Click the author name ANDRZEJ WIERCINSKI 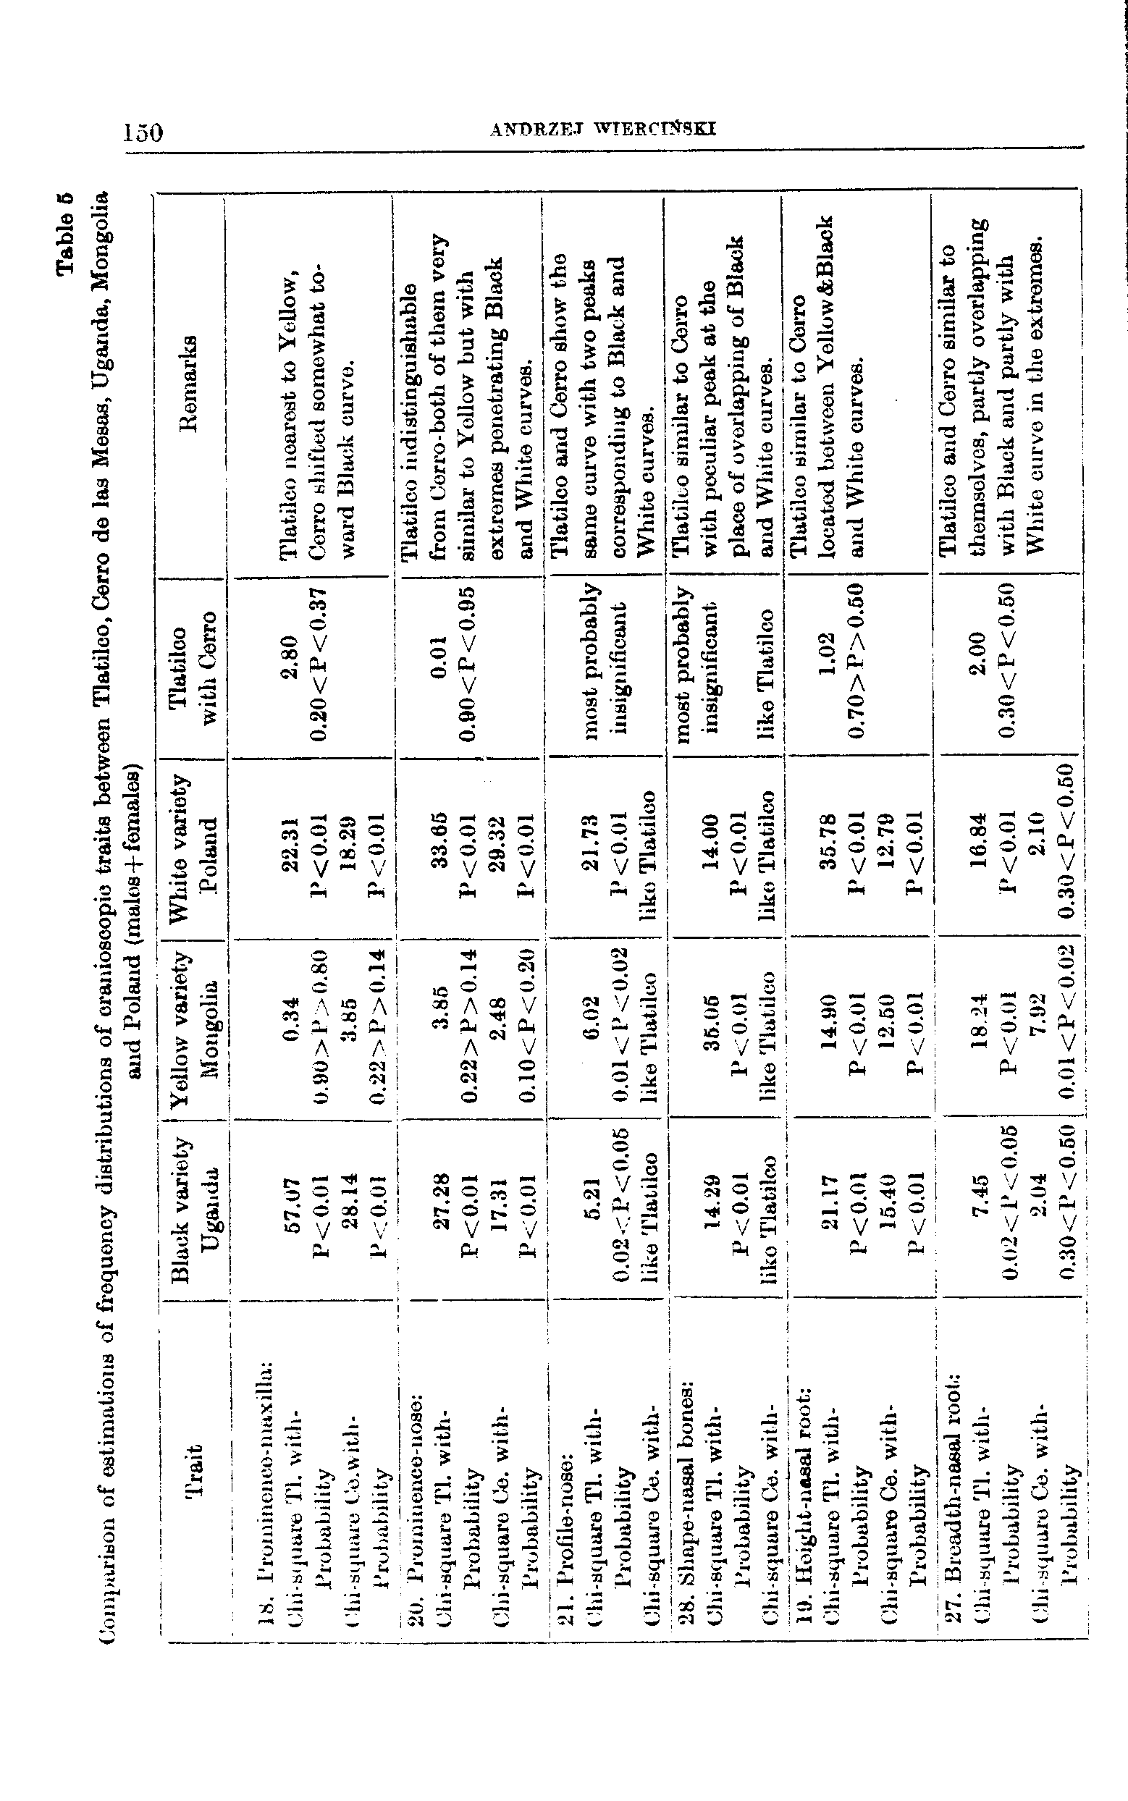(x=603, y=130)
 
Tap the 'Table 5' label (x=66, y=233)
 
